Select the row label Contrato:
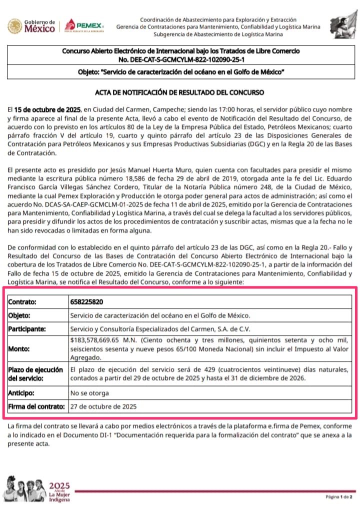point(22,302)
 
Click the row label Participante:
point(27,329)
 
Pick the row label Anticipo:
point(23,393)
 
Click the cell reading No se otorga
point(89,393)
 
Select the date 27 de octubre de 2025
point(103,406)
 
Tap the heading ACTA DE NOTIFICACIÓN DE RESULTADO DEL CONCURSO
point(179,92)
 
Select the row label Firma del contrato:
point(36,406)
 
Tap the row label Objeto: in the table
point(20,316)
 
